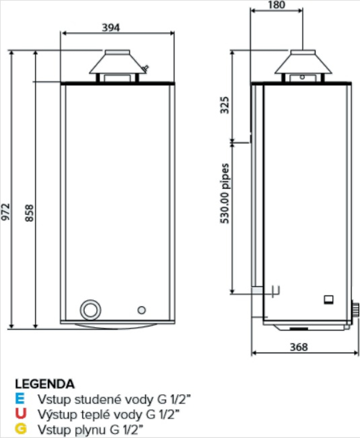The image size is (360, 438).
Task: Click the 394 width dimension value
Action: coord(111,27)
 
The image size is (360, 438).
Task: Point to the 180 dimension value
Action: coord(276,5)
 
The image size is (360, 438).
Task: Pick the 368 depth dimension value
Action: coord(298,347)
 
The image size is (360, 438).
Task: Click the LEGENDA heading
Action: coord(45,383)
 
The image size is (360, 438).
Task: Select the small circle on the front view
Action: coord(142,310)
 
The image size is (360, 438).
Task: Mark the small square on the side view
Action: coord(328,299)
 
